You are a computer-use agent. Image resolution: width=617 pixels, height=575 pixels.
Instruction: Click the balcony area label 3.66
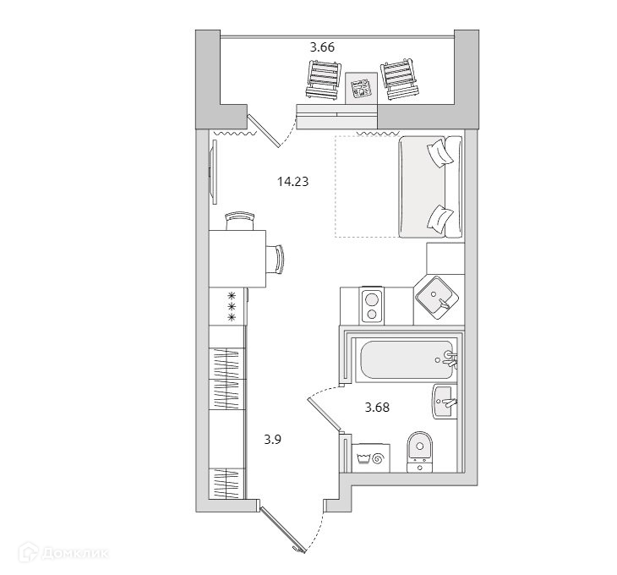click(x=322, y=47)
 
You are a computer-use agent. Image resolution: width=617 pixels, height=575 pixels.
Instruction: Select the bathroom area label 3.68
click(x=377, y=407)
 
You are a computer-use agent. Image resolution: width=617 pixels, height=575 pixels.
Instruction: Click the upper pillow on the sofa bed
click(x=441, y=154)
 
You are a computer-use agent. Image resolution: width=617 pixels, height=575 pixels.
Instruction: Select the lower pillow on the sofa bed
click(x=441, y=218)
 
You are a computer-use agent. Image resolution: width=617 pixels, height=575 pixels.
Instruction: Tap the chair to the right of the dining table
click(x=276, y=258)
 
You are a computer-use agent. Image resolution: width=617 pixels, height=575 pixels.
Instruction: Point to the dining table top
click(x=238, y=258)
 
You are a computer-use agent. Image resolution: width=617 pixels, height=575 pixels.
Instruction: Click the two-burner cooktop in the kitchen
click(x=371, y=305)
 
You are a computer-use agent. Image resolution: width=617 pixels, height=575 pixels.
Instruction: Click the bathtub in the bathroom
click(x=403, y=361)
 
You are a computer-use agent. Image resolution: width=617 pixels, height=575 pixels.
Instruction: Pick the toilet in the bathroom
click(x=418, y=451)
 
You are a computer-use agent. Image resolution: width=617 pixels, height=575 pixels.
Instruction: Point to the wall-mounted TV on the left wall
click(x=213, y=172)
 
